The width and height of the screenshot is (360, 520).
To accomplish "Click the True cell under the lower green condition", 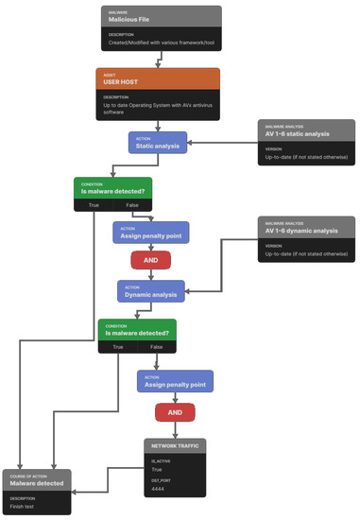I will [x=118, y=347].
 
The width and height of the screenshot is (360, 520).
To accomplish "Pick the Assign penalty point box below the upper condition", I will [x=150, y=232].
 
